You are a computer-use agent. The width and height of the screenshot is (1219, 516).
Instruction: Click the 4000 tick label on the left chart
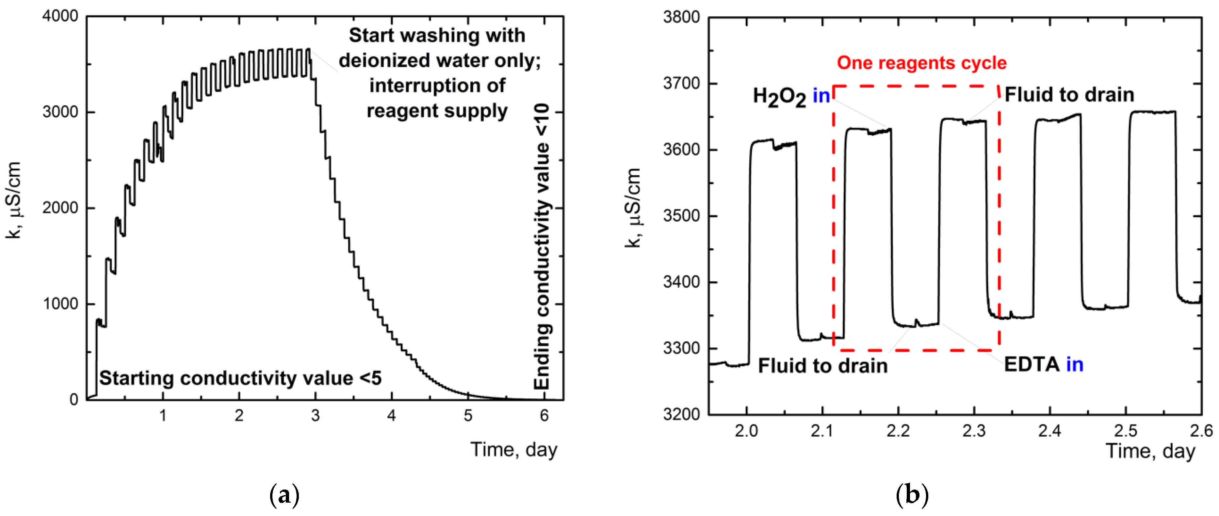pos(60,16)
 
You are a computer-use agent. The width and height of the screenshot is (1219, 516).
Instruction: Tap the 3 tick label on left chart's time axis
pos(315,416)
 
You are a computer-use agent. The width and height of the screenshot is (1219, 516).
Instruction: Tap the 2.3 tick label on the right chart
pos(974,431)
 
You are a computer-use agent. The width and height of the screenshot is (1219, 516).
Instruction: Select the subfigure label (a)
pos(284,495)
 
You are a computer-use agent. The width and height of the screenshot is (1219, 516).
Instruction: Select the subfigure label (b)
pos(912,495)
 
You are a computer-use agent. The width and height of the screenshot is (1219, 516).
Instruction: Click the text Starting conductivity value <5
pos(240,378)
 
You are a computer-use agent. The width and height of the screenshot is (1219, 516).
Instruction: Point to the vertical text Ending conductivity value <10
pos(542,246)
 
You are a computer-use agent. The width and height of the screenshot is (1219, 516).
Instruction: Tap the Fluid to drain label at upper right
pos(1069,95)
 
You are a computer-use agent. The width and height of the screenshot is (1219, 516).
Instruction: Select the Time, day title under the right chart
pos(1150,451)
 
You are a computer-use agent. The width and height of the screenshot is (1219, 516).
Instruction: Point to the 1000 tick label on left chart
pos(60,304)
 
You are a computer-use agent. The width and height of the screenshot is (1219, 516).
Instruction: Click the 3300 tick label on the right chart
pos(681,348)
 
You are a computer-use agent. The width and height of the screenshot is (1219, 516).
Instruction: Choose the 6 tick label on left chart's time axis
pos(544,416)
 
